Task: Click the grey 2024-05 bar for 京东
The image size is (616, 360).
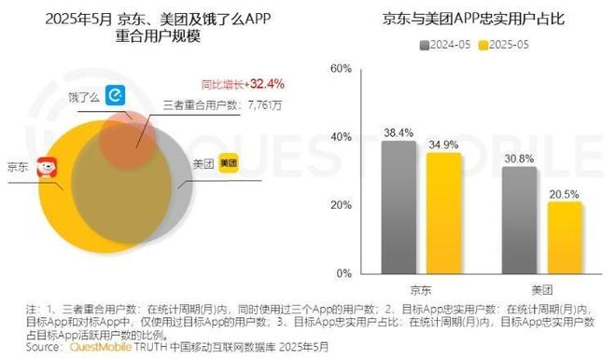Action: click(399, 207)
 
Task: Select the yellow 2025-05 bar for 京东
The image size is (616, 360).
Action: click(443, 213)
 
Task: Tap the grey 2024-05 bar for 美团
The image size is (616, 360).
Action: click(519, 220)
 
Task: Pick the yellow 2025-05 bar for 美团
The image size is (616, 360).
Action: click(564, 238)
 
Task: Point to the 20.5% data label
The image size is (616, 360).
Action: click(564, 193)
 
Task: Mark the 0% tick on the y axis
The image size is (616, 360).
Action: click(343, 273)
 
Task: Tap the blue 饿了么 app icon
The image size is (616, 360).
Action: click(116, 95)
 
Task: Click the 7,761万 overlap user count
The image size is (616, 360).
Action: click(267, 105)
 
